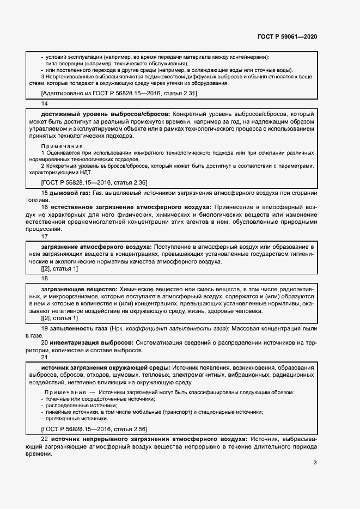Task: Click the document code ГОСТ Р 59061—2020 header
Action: coord(287,37)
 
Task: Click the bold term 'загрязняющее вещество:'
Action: coord(79,288)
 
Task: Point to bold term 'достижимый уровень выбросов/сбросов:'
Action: coord(100,113)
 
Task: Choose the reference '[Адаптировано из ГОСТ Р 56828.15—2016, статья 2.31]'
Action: coord(119,94)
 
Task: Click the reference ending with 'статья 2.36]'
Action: coord(94,182)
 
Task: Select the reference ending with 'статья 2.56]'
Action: coord(94,429)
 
